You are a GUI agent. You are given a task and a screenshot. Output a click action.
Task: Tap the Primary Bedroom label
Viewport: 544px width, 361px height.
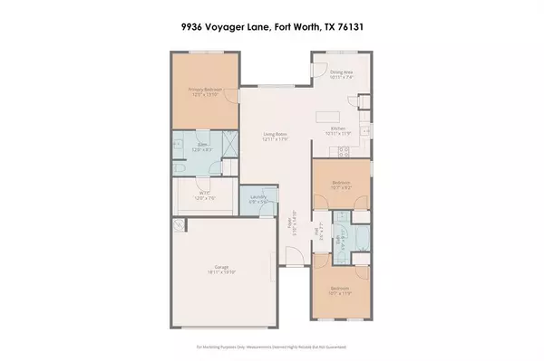click(x=207, y=90)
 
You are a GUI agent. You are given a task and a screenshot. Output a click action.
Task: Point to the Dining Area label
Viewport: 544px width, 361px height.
click(x=342, y=75)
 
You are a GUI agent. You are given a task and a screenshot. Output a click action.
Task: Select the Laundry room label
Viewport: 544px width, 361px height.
click(x=257, y=200)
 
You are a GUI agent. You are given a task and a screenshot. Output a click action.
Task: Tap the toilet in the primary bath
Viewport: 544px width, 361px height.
click(x=181, y=168)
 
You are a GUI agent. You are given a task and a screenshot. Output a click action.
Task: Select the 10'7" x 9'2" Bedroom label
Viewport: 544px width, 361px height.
click(x=341, y=185)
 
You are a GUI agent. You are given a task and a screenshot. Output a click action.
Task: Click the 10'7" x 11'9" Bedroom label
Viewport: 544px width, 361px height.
click(x=341, y=292)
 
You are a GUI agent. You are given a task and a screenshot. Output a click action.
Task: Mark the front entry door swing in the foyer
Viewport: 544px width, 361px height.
click(x=290, y=257)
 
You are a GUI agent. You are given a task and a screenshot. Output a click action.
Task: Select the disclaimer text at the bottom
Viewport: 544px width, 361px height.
click(x=271, y=347)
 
